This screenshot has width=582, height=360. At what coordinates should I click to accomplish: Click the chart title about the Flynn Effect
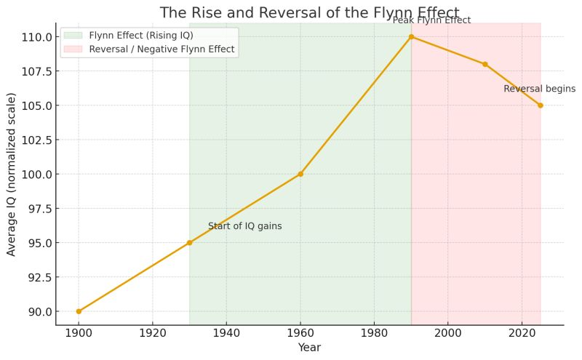click(x=309, y=12)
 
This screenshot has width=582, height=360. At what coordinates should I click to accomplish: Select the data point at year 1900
click(x=79, y=311)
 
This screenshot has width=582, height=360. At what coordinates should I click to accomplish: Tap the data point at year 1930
click(x=189, y=243)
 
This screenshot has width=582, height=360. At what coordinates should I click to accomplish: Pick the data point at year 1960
click(x=300, y=174)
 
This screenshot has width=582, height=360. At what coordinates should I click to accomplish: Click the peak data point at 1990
click(x=411, y=36)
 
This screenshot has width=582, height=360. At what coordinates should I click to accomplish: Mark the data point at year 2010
click(x=485, y=64)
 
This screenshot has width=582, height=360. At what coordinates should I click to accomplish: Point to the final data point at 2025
click(x=541, y=105)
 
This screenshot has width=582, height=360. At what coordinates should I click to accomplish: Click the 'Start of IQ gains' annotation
click(x=244, y=226)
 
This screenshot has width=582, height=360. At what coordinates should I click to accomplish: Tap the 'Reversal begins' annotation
click(x=534, y=89)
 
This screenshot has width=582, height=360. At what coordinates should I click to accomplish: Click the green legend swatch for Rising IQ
click(x=73, y=35)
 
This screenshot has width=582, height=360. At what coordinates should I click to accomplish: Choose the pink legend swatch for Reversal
click(x=73, y=49)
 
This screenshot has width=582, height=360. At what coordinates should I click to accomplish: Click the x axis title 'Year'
click(x=309, y=348)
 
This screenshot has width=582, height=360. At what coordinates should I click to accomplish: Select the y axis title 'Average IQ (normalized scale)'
click(x=12, y=175)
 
